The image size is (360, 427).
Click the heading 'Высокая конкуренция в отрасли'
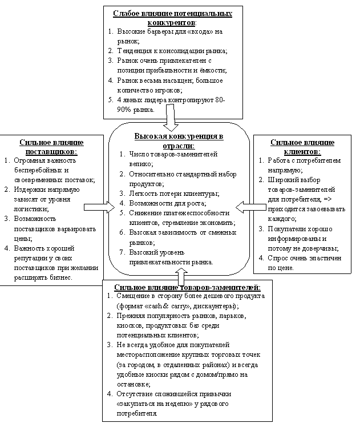(179, 141)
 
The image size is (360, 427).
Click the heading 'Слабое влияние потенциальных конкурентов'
(173, 17)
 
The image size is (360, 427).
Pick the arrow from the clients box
(246, 204)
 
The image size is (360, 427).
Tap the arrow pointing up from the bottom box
(181, 275)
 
